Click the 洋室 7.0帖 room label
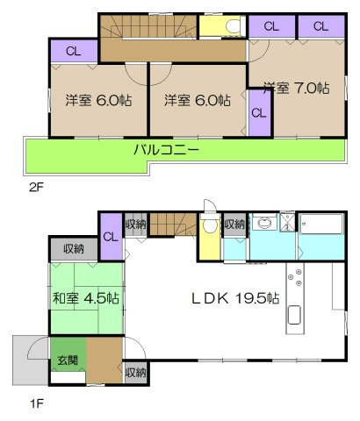(x=296, y=89)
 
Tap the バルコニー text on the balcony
(x=166, y=150)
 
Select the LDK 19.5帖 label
(x=235, y=298)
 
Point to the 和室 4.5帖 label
(x=85, y=298)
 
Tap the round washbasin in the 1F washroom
(x=264, y=224)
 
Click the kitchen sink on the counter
(x=294, y=316)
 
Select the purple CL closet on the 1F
(x=112, y=237)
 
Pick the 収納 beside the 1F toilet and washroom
(x=234, y=225)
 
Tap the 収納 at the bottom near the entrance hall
(x=134, y=373)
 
